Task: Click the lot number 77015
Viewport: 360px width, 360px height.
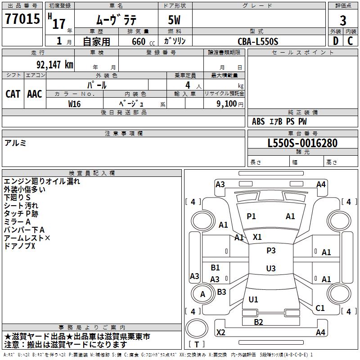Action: (x=22, y=18)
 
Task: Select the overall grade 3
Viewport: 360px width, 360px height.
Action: (x=343, y=21)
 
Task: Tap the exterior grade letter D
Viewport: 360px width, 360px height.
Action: (x=336, y=41)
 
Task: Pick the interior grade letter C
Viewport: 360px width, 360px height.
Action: (x=350, y=41)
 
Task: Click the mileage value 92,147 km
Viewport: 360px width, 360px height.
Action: (x=55, y=65)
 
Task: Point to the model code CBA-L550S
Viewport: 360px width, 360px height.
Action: (x=258, y=41)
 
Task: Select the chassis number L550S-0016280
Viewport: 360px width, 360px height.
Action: (x=302, y=143)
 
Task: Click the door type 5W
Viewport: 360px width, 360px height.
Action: (x=174, y=20)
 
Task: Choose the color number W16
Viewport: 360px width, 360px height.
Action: (x=74, y=104)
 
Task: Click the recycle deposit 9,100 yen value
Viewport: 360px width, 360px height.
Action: (x=230, y=104)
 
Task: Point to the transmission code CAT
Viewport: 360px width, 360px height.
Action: (x=13, y=94)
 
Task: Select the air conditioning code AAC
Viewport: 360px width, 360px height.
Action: (x=35, y=94)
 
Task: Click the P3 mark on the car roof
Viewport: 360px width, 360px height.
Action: (x=271, y=251)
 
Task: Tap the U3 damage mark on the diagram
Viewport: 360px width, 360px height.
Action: (x=271, y=268)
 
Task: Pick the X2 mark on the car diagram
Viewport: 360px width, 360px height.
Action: (x=220, y=332)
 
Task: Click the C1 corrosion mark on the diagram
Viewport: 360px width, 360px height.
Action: (x=320, y=308)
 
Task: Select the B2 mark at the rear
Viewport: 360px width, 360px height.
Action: (x=258, y=322)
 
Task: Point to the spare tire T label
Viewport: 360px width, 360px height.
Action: (x=197, y=344)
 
